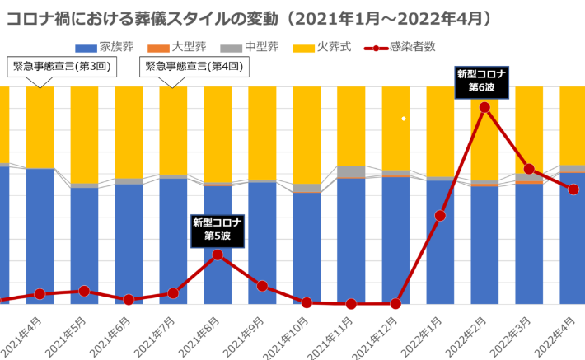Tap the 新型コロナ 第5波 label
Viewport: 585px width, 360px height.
tap(217, 228)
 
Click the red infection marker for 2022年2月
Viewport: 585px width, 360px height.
tap(484, 107)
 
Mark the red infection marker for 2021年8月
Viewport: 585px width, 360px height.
tap(218, 255)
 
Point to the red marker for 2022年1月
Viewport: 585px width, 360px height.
tap(440, 216)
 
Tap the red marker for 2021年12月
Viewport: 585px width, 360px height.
tap(395, 304)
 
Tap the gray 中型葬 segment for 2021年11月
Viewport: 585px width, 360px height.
tap(351, 171)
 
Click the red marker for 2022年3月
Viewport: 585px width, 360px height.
tap(529, 169)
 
